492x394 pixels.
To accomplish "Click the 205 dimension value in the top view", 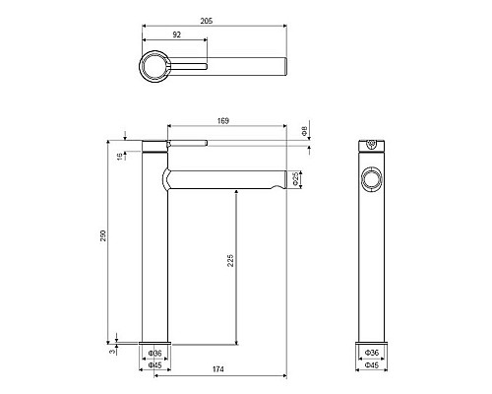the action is pos(207,21).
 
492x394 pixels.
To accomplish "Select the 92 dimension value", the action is pos(176,34).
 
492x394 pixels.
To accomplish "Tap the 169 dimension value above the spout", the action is pos(223,121).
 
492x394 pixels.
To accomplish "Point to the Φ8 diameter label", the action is pos(304,131).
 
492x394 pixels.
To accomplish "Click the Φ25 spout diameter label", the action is pos(296,179).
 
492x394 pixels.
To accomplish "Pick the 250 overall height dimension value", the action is pos(103,235).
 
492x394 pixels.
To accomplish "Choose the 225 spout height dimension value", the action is pos(230,260).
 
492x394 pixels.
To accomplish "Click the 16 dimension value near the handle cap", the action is pos(121,156).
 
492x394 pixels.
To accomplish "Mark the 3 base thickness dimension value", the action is pos(112,352).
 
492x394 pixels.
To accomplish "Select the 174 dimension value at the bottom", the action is pos(217,369).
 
